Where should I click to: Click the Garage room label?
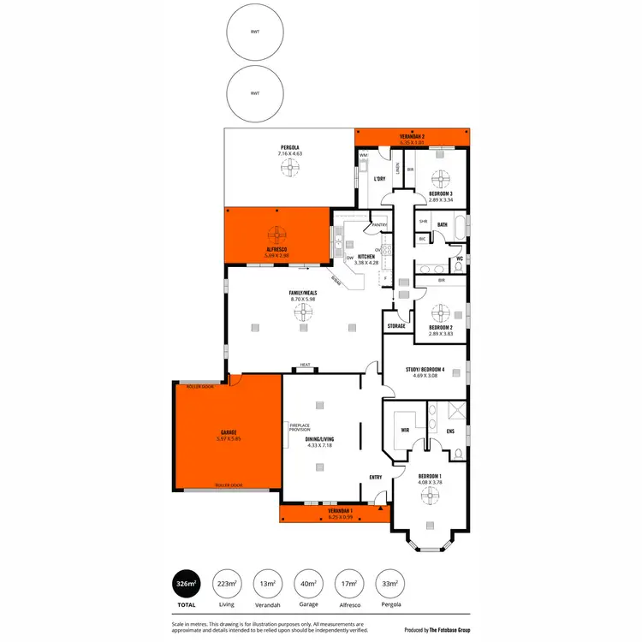click(228, 433)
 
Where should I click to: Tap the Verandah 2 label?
click(412, 137)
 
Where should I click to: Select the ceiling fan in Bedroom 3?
click(442, 179)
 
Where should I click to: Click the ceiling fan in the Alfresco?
click(277, 234)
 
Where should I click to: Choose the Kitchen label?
click(366, 257)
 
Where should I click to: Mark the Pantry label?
click(378, 225)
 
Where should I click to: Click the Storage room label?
click(395, 326)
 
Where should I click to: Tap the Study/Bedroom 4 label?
click(425, 370)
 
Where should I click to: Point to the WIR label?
click(407, 431)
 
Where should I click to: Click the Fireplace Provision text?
click(300, 428)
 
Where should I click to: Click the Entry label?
click(375, 477)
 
